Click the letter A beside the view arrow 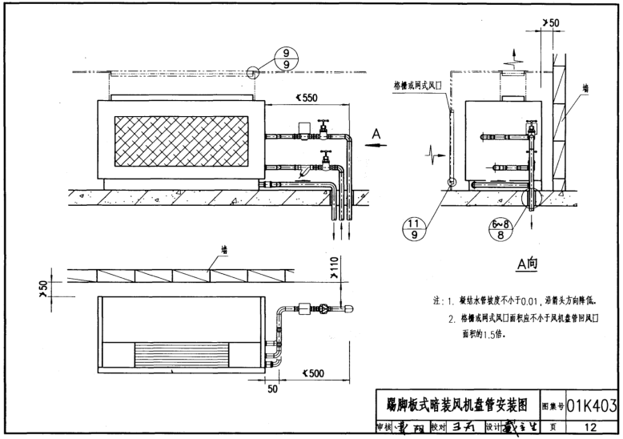(376, 136)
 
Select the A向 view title (529, 264)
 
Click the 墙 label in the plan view (224, 250)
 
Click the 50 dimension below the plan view (272, 389)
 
